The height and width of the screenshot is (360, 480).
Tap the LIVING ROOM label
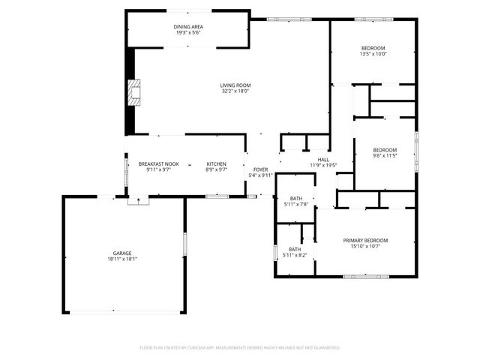coord(235,85)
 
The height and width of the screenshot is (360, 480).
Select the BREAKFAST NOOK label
coord(158,164)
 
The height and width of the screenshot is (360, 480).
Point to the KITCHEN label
coord(217,164)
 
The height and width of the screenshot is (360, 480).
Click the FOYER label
coord(260,169)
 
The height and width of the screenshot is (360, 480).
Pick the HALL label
coord(323,160)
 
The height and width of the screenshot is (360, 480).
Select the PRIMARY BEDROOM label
coord(365,240)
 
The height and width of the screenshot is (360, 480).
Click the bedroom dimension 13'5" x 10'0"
coord(373,54)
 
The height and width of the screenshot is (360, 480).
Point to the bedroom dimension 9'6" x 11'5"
coord(385,156)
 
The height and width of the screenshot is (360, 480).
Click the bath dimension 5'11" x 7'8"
coord(295,204)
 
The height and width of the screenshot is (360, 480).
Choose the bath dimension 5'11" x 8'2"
coord(295,255)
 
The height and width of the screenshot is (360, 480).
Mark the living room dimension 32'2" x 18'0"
coord(235,91)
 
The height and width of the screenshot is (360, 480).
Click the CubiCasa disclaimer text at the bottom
coord(240,348)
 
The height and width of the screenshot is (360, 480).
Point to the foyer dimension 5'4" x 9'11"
coord(260,175)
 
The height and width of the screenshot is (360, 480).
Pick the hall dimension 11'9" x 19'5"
coord(323,166)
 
